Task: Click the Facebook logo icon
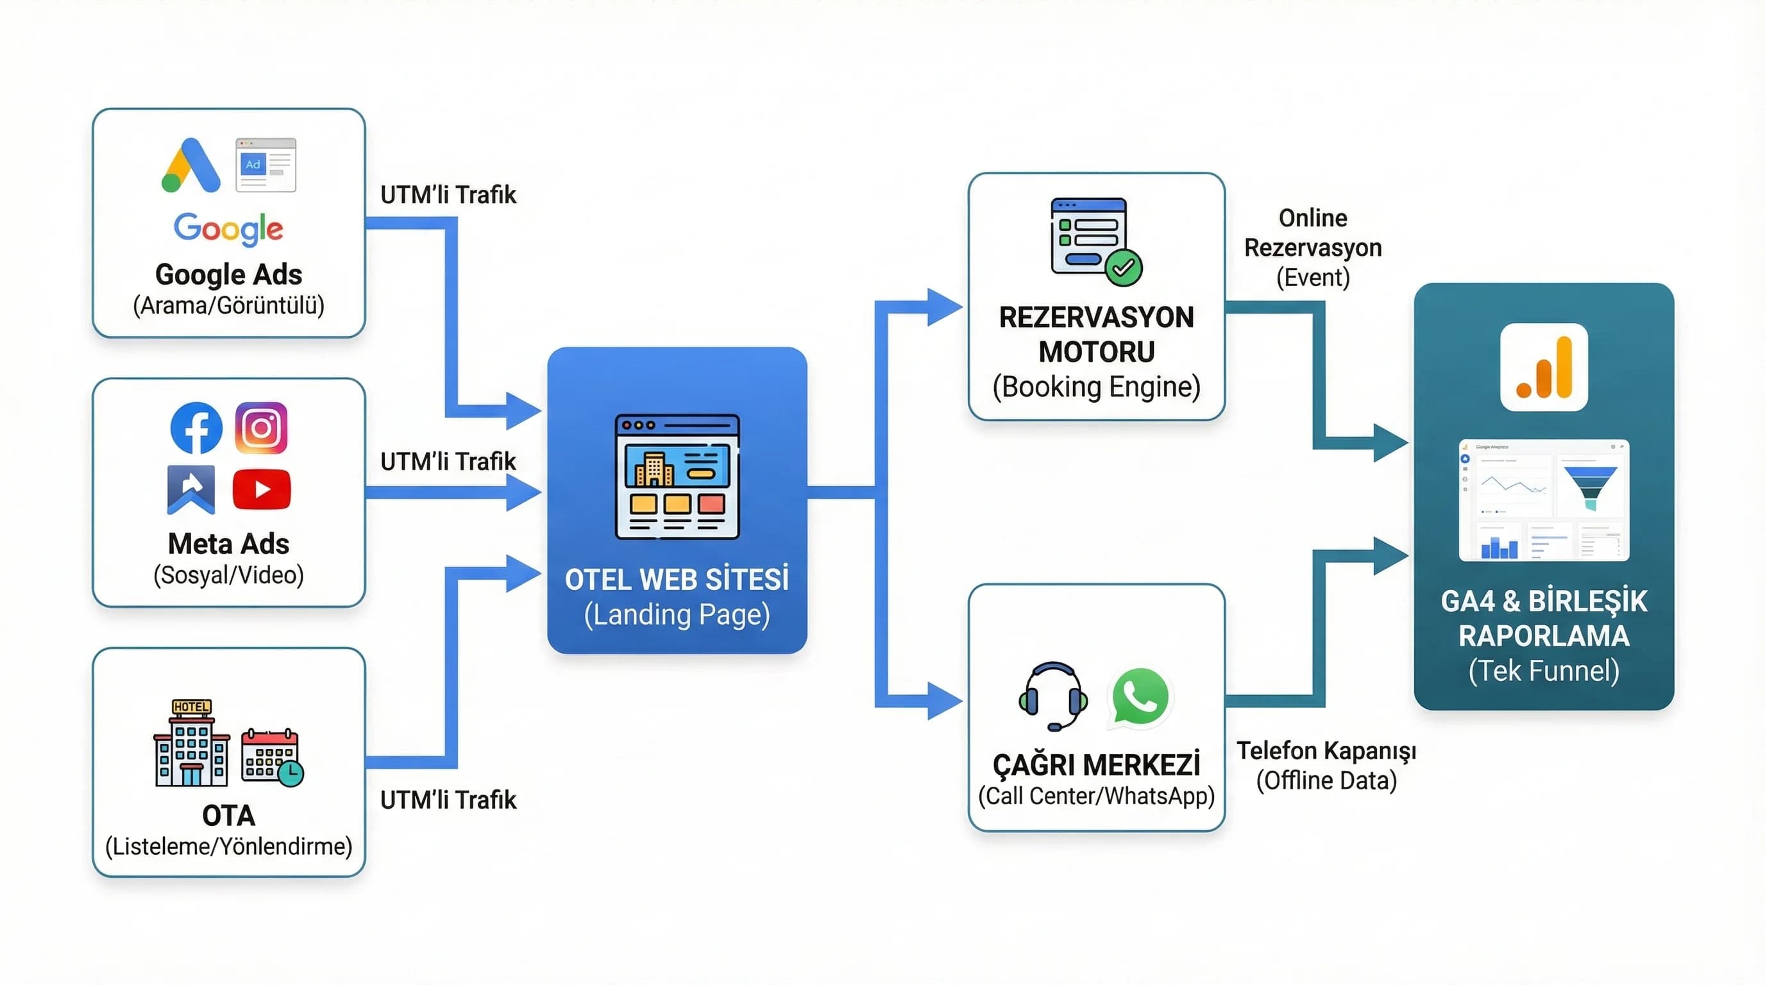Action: tap(196, 428)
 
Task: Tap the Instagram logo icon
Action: tap(261, 428)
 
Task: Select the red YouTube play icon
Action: tap(262, 489)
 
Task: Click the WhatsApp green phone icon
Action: tap(1140, 696)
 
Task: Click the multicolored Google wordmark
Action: tap(228, 228)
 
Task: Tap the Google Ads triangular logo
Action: tap(190, 165)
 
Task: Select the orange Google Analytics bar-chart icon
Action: tap(1544, 368)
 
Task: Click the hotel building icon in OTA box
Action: tap(192, 743)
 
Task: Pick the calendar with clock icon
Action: tap(272, 757)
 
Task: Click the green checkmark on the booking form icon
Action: tap(1124, 268)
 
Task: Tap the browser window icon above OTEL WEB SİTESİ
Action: tap(677, 476)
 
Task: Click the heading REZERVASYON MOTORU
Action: tap(1096, 334)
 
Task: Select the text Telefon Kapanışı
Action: tap(1326, 751)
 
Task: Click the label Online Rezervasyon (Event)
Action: tap(1313, 248)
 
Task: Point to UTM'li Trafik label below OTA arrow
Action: tap(448, 800)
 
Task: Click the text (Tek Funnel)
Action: tap(1544, 671)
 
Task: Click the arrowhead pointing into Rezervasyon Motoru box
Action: tap(943, 308)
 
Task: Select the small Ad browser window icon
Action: tap(266, 165)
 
